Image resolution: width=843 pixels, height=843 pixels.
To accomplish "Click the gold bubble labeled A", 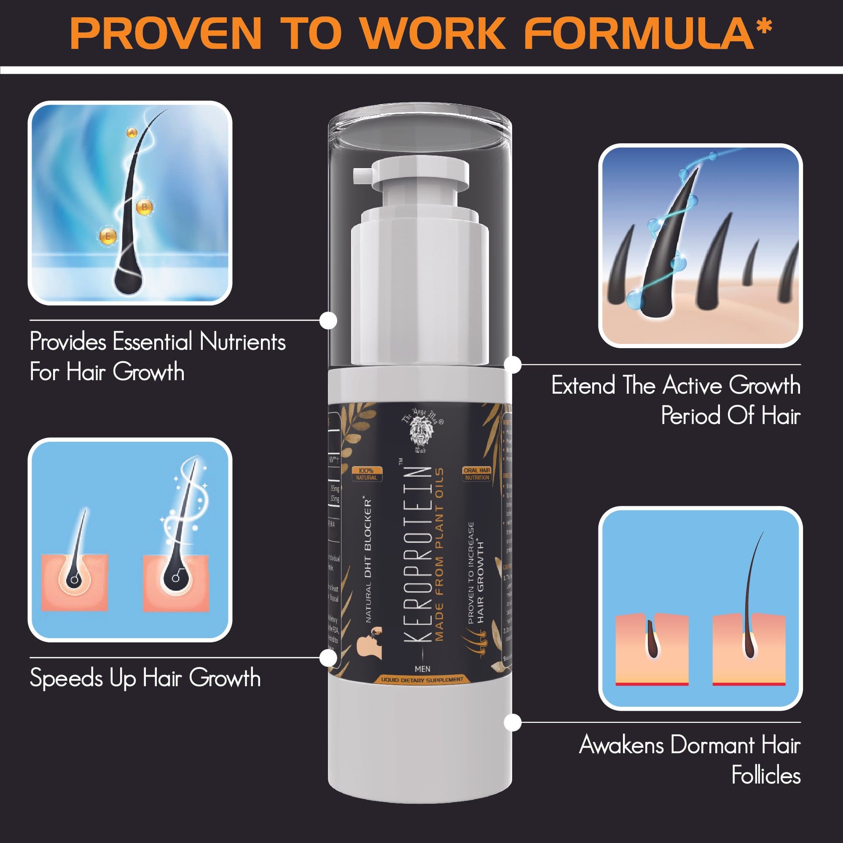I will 132,133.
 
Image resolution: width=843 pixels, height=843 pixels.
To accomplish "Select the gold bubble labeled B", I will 145,207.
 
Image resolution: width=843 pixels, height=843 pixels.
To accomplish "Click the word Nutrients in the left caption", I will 243,342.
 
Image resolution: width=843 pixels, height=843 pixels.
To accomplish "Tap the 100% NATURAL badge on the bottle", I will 367,474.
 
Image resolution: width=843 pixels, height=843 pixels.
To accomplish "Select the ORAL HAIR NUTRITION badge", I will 477,474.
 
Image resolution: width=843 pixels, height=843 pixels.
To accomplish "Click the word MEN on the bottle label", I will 422,669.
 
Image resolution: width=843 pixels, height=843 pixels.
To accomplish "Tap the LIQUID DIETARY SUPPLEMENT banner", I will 422,680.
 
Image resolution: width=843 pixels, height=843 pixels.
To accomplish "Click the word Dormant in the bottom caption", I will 712,745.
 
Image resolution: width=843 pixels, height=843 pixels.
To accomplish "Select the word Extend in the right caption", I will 583,386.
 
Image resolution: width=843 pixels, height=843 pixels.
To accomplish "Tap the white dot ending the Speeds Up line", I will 328,658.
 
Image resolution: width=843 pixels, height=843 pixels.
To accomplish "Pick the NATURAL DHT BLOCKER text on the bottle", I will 369,561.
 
